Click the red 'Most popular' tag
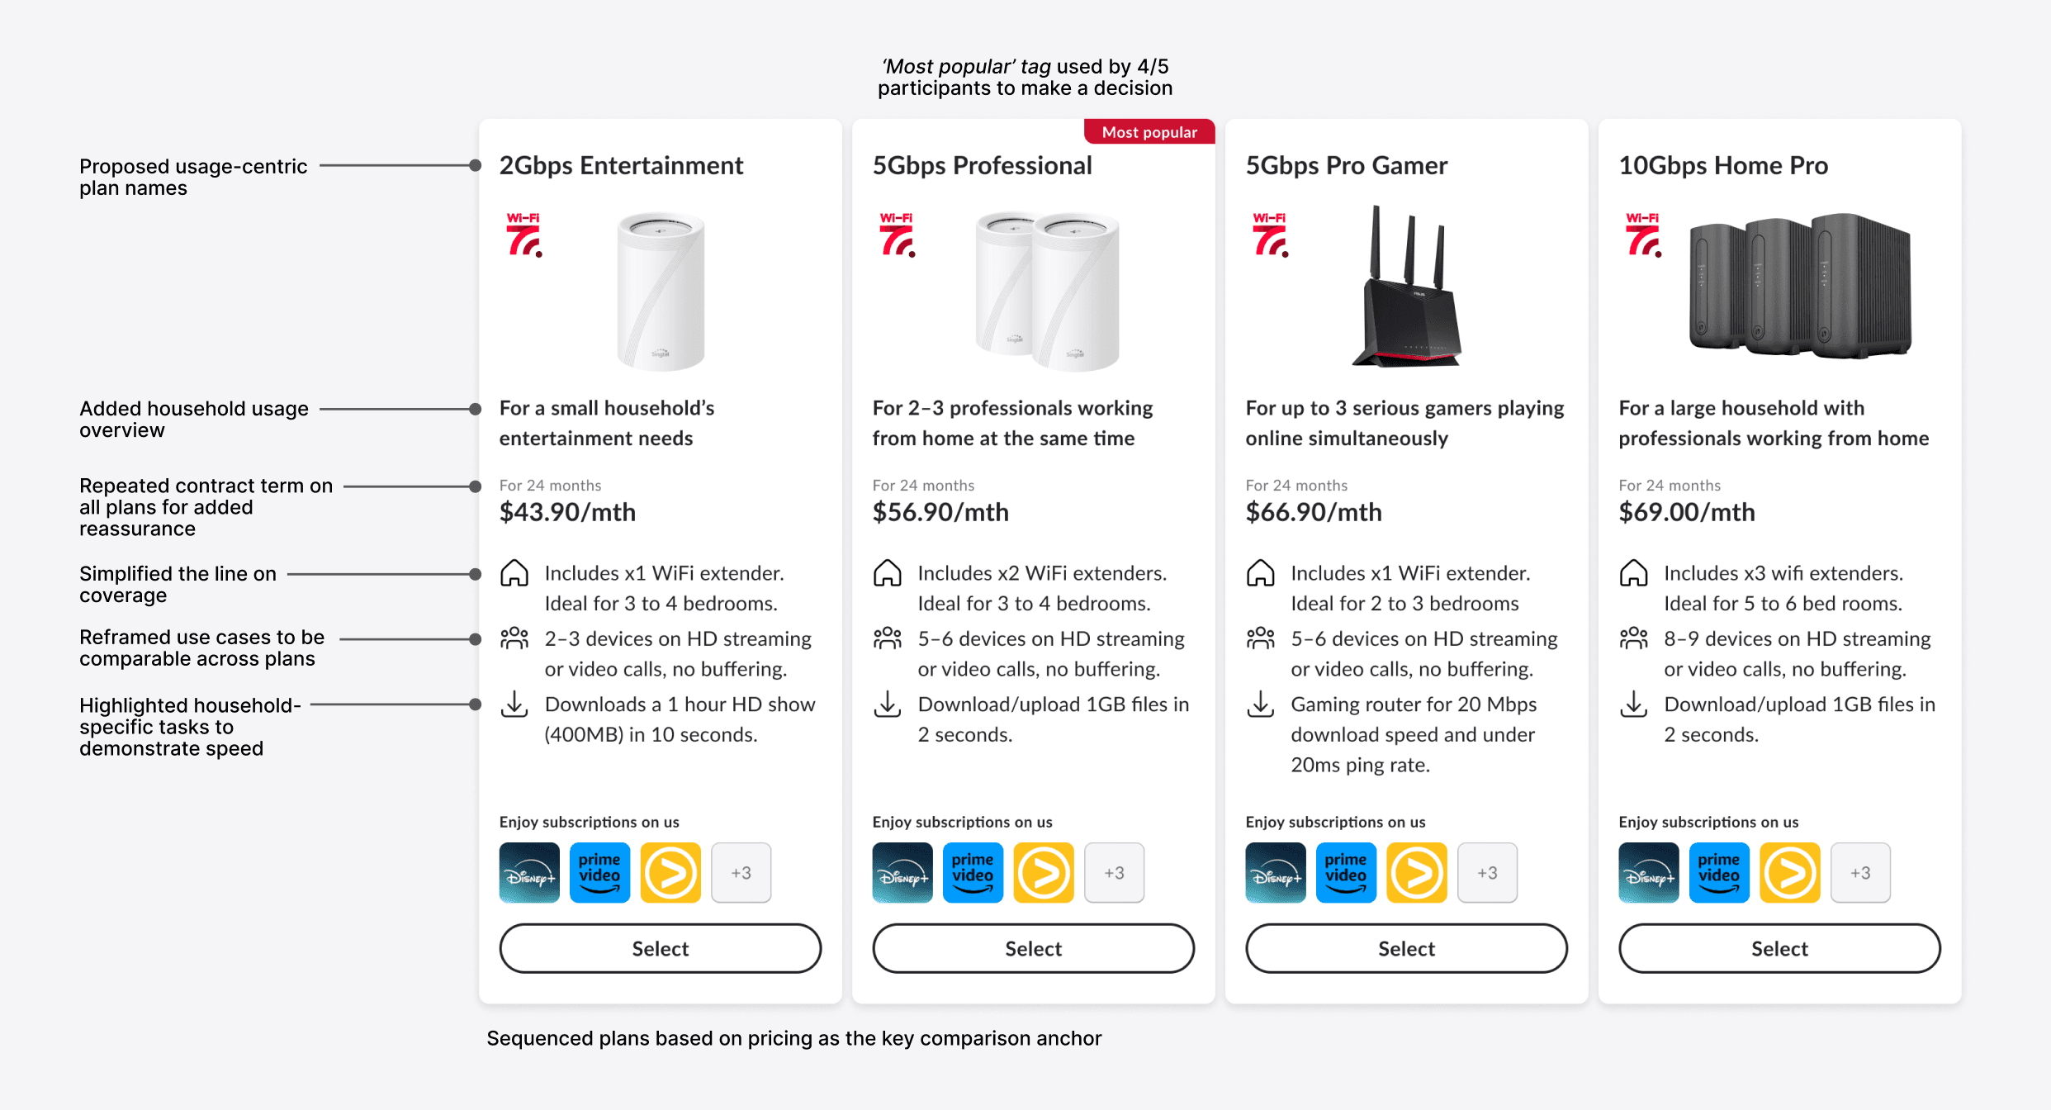point(1149,132)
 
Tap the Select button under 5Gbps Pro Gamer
point(1406,948)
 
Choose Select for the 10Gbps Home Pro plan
point(1779,948)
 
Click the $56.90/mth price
point(940,512)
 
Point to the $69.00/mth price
point(1687,512)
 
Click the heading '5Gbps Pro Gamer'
point(1347,165)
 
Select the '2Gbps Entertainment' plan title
point(621,165)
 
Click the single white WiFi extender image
point(661,291)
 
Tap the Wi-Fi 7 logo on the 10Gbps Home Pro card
point(1643,235)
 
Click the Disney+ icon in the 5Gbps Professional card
point(902,872)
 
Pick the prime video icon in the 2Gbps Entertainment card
point(599,872)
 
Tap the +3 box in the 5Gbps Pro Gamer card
point(1487,872)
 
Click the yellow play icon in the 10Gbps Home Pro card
point(1789,872)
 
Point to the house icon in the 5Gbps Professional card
point(888,573)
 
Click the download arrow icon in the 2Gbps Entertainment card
point(514,704)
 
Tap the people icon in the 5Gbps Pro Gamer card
point(1261,638)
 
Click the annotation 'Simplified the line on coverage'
point(178,584)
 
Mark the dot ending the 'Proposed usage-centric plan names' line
point(475,165)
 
